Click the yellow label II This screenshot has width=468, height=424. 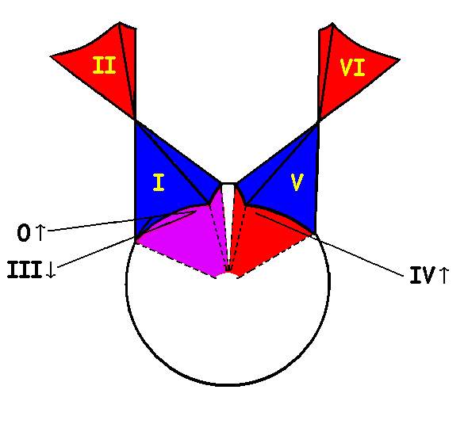104,65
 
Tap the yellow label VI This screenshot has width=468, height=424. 353,67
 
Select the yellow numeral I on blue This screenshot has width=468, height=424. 159,182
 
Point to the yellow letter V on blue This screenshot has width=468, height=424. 297,182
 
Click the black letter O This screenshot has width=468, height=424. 24,233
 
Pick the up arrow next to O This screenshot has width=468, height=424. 40,232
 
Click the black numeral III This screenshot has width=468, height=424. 25,269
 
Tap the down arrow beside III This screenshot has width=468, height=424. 51,270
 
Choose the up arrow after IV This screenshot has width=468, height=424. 444,275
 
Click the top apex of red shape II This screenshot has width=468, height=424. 120,22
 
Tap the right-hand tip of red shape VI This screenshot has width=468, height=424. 400,59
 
